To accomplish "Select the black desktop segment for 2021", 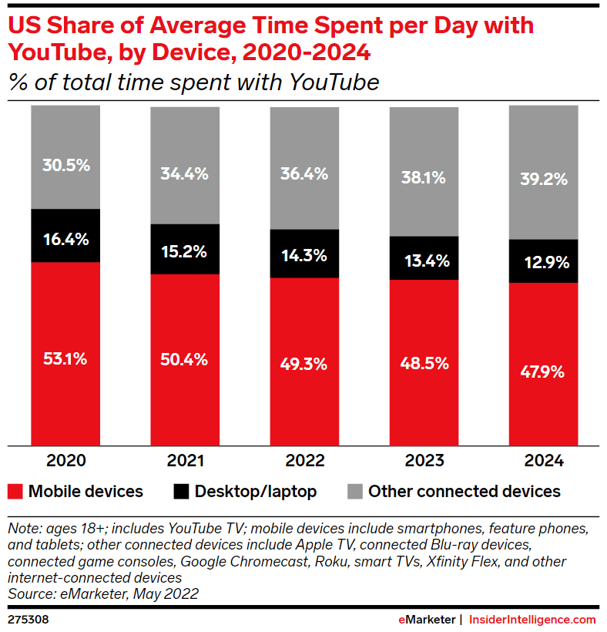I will pos(185,248).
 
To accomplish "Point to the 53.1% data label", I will pos(65,358).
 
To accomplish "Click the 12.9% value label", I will pos(544,262).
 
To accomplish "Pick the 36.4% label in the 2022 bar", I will pos(304,173).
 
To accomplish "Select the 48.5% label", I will pos(424,363).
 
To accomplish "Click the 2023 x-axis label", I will pos(424,461).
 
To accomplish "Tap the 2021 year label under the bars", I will pos(185,461).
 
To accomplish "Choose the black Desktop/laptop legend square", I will pos(181,491).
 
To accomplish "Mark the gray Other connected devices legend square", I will pos(354,491).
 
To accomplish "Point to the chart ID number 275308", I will pos(28,619).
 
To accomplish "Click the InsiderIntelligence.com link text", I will pos(532,619).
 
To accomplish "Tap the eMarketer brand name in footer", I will pos(426,619).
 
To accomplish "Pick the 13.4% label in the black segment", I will pos(424,261).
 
